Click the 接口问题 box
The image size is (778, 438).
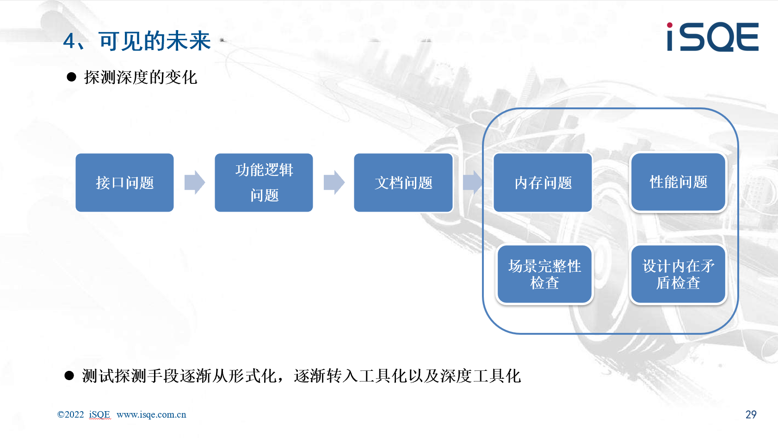point(124,182)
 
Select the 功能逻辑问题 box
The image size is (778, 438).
point(264,182)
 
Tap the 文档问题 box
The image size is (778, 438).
point(403,182)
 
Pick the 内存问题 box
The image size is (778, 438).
point(543,182)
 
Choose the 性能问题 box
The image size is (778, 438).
point(678,182)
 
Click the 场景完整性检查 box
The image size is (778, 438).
point(544,274)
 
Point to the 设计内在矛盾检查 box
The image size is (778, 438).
point(678,274)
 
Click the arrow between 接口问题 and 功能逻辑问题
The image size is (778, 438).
point(194,182)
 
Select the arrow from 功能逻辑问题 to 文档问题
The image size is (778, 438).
point(334,182)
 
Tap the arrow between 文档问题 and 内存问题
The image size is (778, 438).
point(473,182)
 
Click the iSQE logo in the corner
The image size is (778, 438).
point(713,37)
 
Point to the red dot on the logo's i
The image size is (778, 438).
point(670,25)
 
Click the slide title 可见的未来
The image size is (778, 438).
point(155,41)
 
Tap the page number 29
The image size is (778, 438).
point(751,414)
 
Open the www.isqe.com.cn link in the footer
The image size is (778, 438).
point(151,414)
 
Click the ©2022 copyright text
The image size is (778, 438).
point(70,414)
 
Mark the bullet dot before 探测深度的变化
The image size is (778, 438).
point(72,77)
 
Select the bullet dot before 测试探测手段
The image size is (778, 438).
point(69,376)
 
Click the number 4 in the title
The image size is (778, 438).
point(69,41)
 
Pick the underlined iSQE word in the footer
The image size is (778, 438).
point(100,414)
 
